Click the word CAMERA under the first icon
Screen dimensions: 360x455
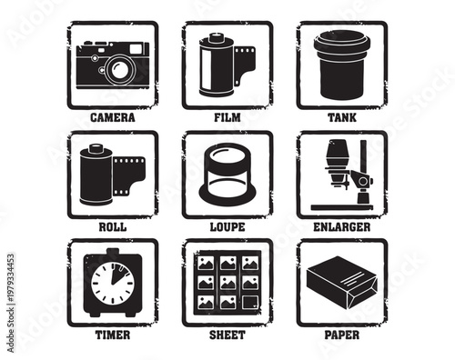[113, 117]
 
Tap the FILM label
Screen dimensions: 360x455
[227, 117]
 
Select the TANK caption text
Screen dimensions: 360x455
[341, 117]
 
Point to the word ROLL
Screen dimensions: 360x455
[113, 226]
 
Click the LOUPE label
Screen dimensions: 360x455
[227, 226]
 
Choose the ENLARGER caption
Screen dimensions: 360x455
[341, 226]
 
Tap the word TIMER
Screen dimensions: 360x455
[113, 335]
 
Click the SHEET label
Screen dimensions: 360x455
[227, 335]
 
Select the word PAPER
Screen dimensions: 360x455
[341, 335]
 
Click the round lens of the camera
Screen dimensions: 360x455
[119, 69]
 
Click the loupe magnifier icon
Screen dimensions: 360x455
[227, 175]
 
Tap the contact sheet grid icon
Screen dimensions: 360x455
[227, 283]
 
